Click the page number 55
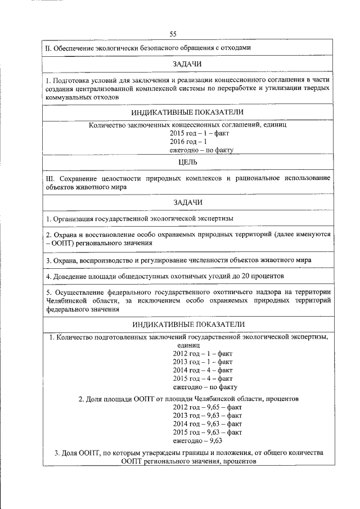point(173,34)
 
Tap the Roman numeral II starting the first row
point(48,48)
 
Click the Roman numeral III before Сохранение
point(49,178)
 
